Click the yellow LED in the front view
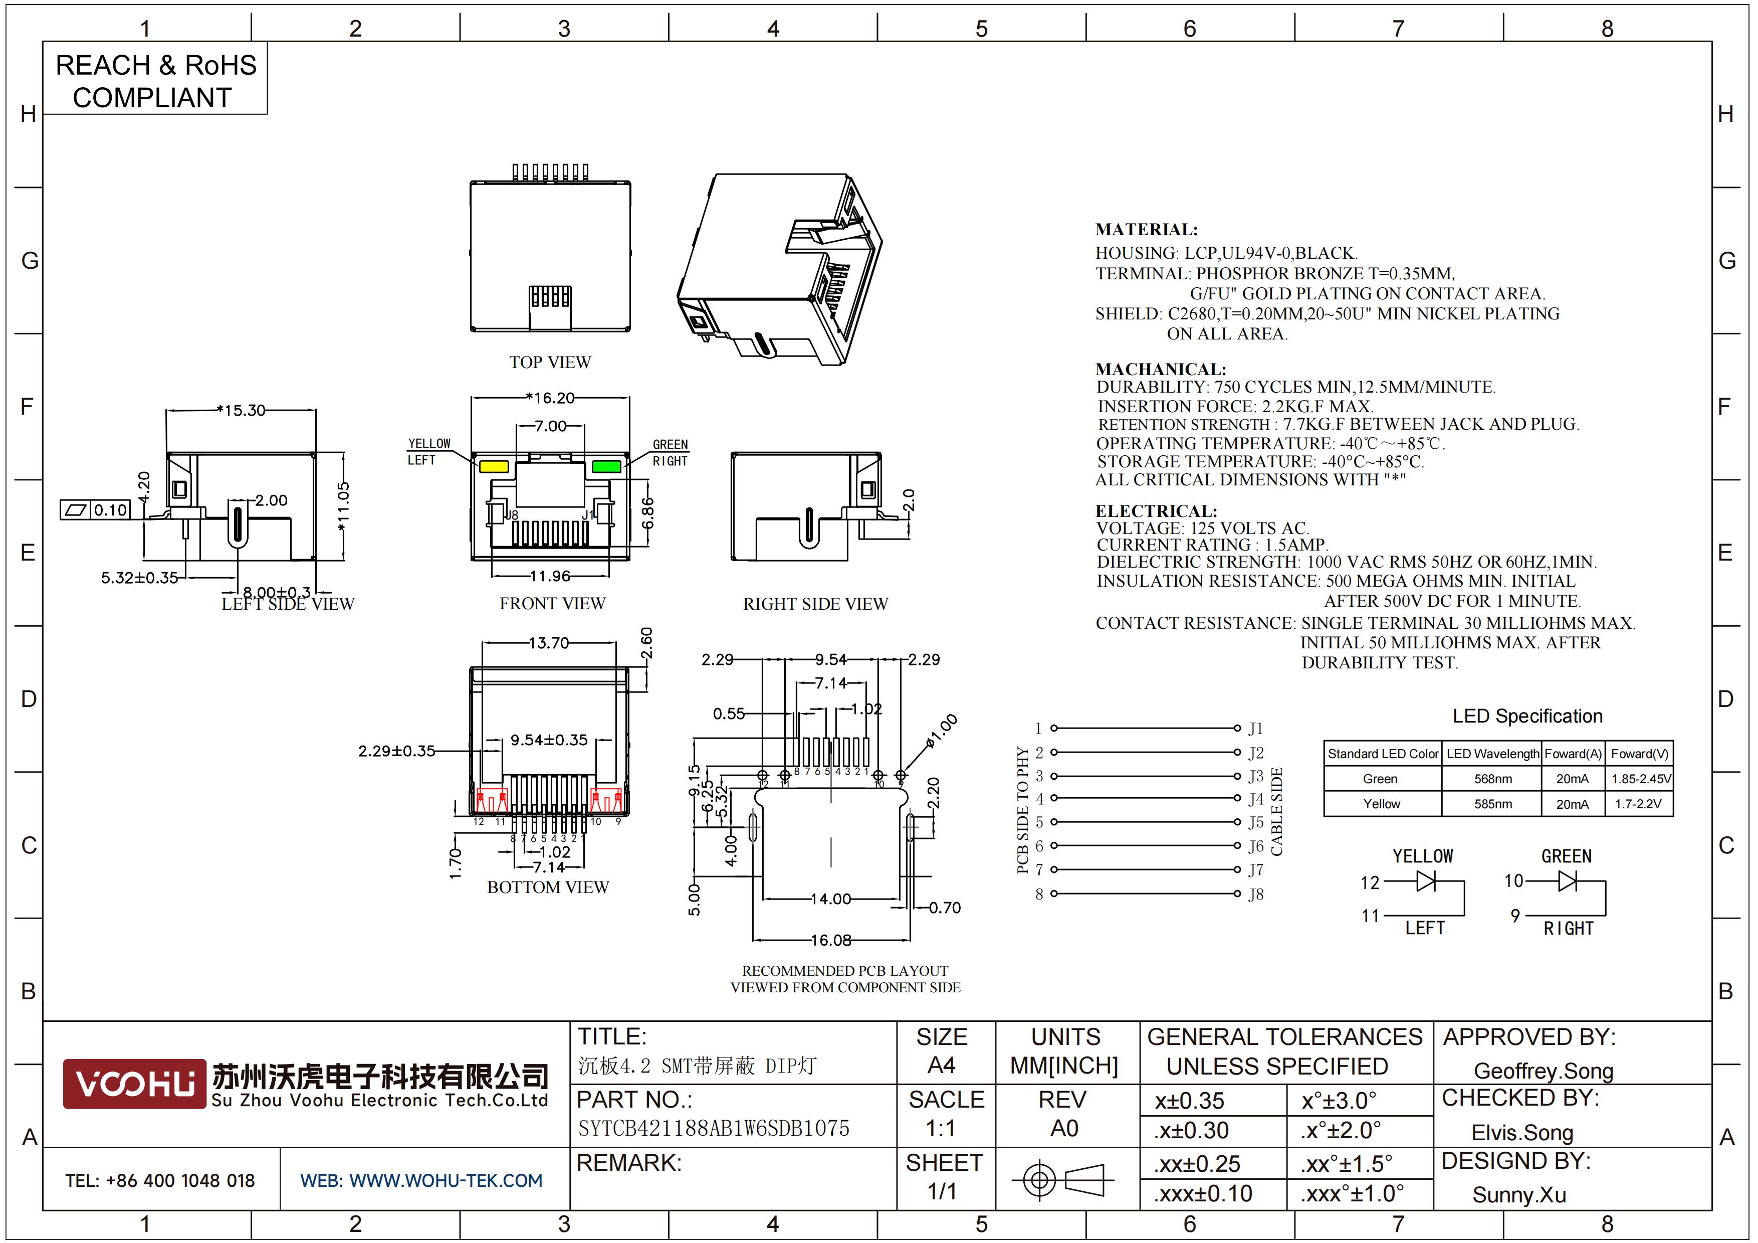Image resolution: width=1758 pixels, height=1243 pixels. (x=494, y=466)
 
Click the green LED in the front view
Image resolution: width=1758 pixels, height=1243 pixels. (x=606, y=466)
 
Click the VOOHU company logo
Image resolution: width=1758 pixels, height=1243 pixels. (x=135, y=1084)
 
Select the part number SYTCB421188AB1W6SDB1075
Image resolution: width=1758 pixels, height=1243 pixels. (x=714, y=1128)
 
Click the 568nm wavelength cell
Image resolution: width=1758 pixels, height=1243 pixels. (x=1492, y=779)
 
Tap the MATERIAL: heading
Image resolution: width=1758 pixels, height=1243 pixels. (x=1146, y=229)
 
